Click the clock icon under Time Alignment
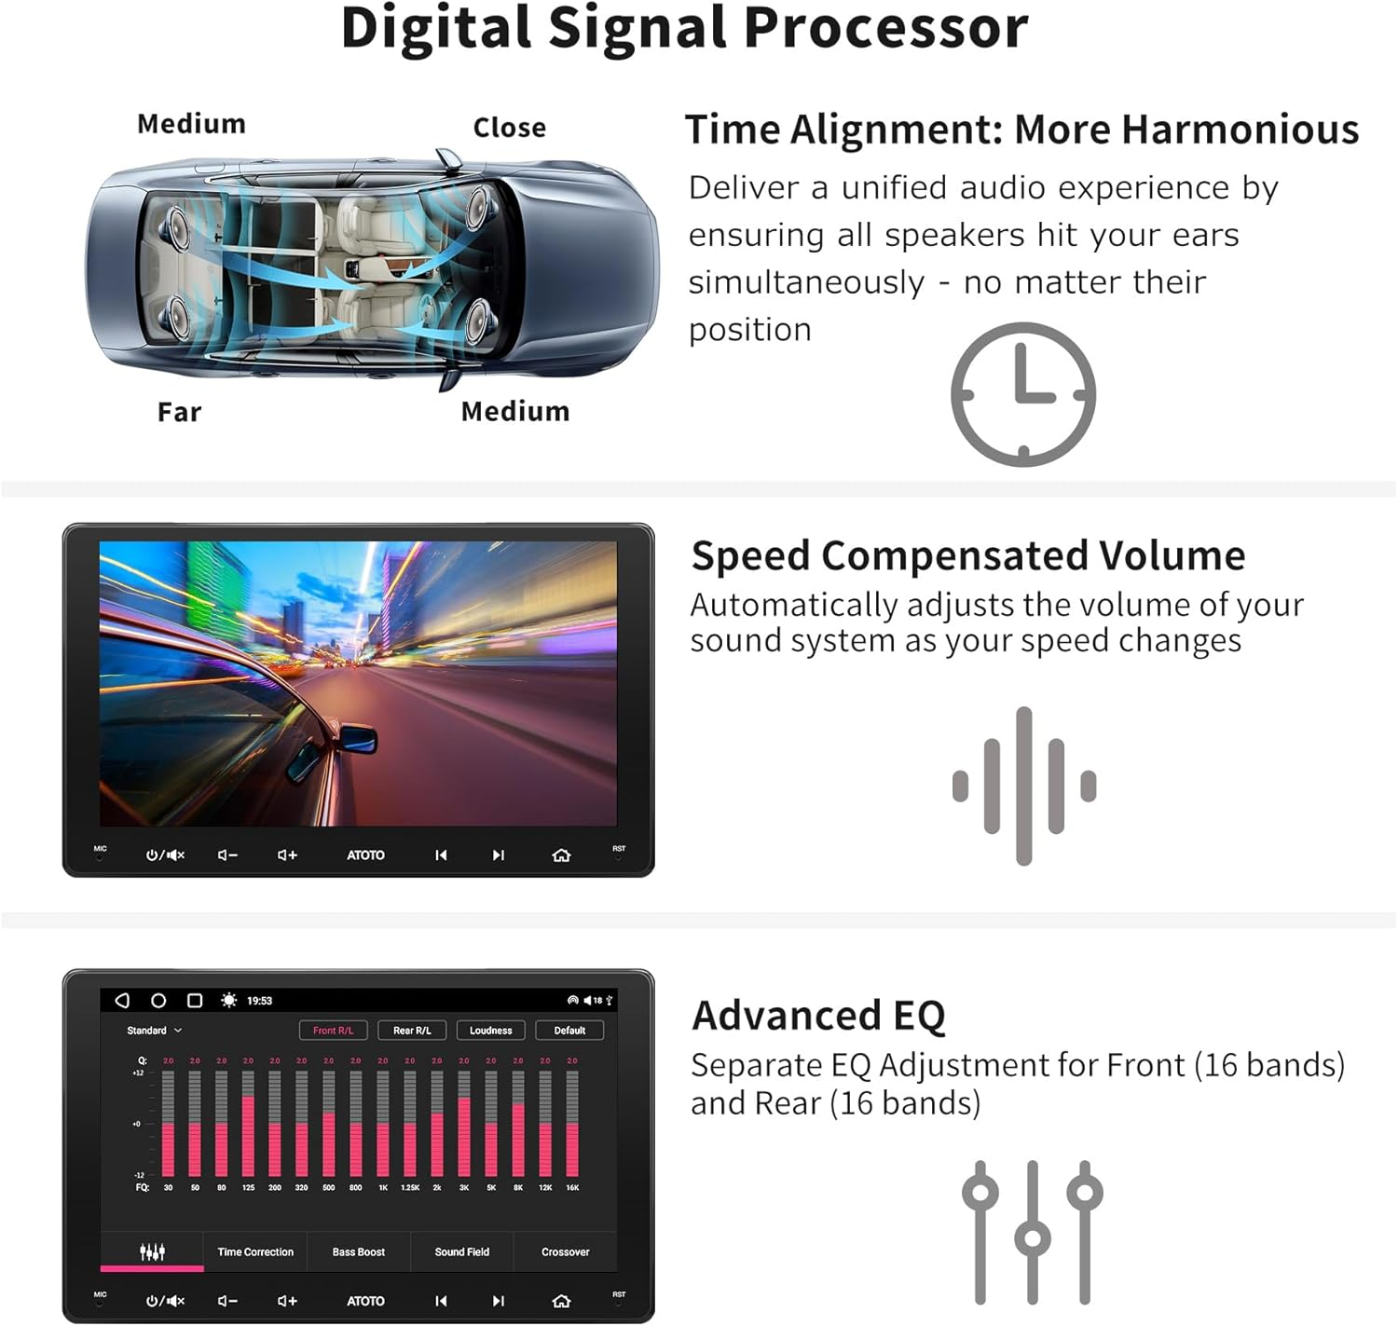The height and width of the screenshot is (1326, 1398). (1022, 394)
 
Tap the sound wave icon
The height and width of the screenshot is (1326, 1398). (1023, 786)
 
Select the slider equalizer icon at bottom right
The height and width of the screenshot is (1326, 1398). (1032, 1232)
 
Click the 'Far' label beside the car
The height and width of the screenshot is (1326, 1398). (179, 412)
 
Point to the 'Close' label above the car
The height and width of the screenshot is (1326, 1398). (509, 128)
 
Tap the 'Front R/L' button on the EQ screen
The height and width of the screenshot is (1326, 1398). (333, 1031)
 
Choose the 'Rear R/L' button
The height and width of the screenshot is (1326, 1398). (412, 1031)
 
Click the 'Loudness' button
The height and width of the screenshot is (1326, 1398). (490, 1031)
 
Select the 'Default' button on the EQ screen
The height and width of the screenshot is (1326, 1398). (569, 1031)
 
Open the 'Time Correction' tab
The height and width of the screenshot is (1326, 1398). (255, 1252)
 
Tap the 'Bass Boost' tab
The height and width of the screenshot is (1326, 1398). (358, 1252)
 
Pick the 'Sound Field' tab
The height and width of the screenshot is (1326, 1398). (461, 1252)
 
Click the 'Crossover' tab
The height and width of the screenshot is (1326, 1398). (565, 1252)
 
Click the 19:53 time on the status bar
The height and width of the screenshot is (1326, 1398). (259, 1001)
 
